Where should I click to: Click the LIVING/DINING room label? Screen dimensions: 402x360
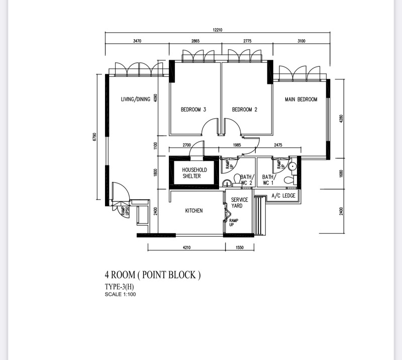click(x=136, y=99)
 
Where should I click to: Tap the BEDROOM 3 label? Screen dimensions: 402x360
click(x=193, y=110)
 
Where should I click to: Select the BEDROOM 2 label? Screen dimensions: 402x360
click(x=245, y=110)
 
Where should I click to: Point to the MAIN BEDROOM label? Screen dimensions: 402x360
click(x=301, y=99)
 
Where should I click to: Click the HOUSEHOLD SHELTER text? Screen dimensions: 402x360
click(x=194, y=173)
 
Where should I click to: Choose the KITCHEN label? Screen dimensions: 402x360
click(x=194, y=211)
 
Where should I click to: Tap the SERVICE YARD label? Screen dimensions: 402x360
click(x=240, y=203)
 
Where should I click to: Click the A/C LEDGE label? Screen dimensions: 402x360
click(x=283, y=196)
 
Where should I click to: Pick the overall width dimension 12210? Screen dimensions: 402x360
click(x=218, y=30)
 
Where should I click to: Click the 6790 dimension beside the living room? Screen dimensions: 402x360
click(x=94, y=137)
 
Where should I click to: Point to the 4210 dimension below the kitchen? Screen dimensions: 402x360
click(x=186, y=247)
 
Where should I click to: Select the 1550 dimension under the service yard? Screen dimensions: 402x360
click(x=240, y=247)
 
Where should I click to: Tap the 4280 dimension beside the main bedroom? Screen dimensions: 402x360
click(x=341, y=119)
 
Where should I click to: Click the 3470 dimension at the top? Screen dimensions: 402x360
click(x=137, y=41)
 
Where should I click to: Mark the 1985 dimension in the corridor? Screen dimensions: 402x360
click(x=237, y=145)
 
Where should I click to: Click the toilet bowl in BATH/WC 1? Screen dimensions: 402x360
click(x=290, y=179)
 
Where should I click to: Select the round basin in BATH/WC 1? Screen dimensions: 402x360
click(x=292, y=166)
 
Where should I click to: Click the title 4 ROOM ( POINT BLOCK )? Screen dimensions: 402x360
click(x=153, y=275)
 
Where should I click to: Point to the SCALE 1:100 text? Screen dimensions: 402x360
click(x=120, y=294)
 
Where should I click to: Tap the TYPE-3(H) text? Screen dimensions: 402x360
click(x=119, y=287)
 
